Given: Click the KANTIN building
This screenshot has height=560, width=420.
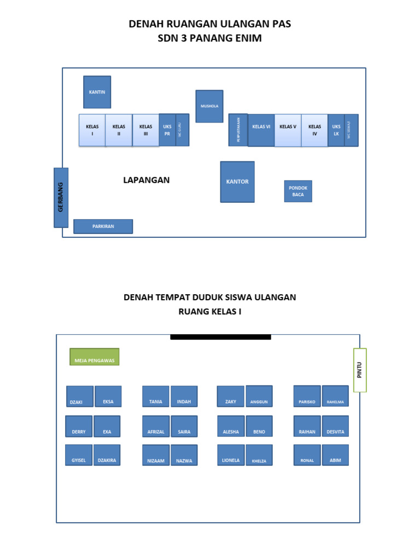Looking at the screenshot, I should (97, 92).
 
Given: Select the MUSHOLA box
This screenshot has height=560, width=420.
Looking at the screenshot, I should (209, 106).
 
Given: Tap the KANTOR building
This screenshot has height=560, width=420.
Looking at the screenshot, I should (237, 182).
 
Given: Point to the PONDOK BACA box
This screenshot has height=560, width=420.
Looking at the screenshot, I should (298, 191).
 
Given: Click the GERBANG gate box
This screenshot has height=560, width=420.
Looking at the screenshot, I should (61, 197).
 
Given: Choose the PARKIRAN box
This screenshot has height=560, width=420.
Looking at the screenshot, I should (103, 226).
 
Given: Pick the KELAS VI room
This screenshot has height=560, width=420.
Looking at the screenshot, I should (261, 130).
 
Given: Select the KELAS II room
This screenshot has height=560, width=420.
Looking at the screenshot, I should (119, 130).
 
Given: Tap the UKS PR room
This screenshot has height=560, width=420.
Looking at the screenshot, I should (167, 130).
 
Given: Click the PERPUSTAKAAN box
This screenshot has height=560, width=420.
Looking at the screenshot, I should (238, 130).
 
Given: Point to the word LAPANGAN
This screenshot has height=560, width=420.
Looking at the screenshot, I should (147, 180).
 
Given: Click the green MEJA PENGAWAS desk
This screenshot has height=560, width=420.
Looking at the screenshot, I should (95, 357).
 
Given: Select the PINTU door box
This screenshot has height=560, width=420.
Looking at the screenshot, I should (360, 370).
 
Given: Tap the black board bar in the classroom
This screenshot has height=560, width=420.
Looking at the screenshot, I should (220, 337).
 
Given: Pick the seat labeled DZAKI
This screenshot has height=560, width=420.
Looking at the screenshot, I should (80, 396).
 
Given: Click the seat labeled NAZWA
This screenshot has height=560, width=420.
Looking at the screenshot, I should (184, 455).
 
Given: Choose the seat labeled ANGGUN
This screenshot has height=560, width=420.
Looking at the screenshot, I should (259, 396).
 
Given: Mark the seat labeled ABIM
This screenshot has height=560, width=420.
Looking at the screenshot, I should (335, 455).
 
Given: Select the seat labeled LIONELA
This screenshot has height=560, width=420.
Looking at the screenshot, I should (231, 455).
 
